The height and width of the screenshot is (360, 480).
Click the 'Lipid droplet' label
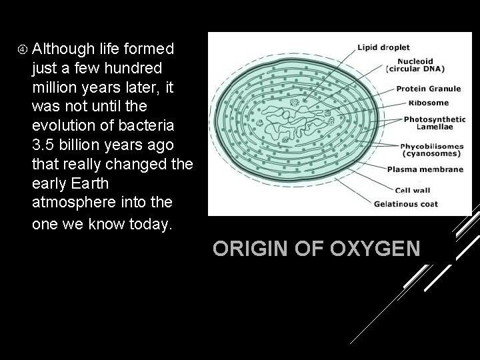pos(383,47)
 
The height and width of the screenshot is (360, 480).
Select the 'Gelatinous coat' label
pos(405,203)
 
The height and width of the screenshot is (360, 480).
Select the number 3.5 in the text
pos(43,145)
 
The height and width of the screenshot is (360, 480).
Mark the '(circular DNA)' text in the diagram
pos(415,68)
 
